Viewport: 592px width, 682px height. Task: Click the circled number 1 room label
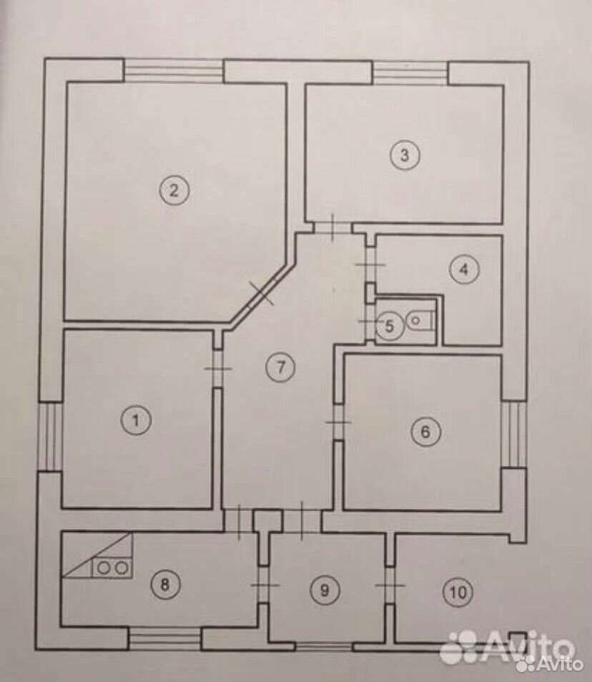(x=136, y=420)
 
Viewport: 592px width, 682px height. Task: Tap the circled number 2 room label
(x=174, y=190)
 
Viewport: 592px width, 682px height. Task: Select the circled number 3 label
(x=405, y=155)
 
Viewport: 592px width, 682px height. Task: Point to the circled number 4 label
(x=465, y=270)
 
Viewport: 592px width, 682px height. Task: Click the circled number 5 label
(x=390, y=325)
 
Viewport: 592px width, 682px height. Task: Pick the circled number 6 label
(x=426, y=432)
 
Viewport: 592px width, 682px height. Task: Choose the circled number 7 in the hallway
(x=280, y=367)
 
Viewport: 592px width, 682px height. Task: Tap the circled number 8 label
(x=165, y=585)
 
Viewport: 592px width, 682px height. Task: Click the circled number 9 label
(x=325, y=590)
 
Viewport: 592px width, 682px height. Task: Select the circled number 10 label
(x=458, y=592)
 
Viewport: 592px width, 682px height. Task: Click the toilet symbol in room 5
(x=419, y=321)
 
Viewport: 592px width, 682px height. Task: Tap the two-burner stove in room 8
(x=112, y=568)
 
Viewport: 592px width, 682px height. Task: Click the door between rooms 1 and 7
(x=218, y=368)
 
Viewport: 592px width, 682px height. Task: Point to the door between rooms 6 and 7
(x=338, y=422)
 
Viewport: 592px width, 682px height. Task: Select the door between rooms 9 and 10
(x=390, y=585)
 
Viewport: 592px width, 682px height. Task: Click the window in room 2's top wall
(x=174, y=71)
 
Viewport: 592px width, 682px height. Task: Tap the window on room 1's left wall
(x=51, y=436)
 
